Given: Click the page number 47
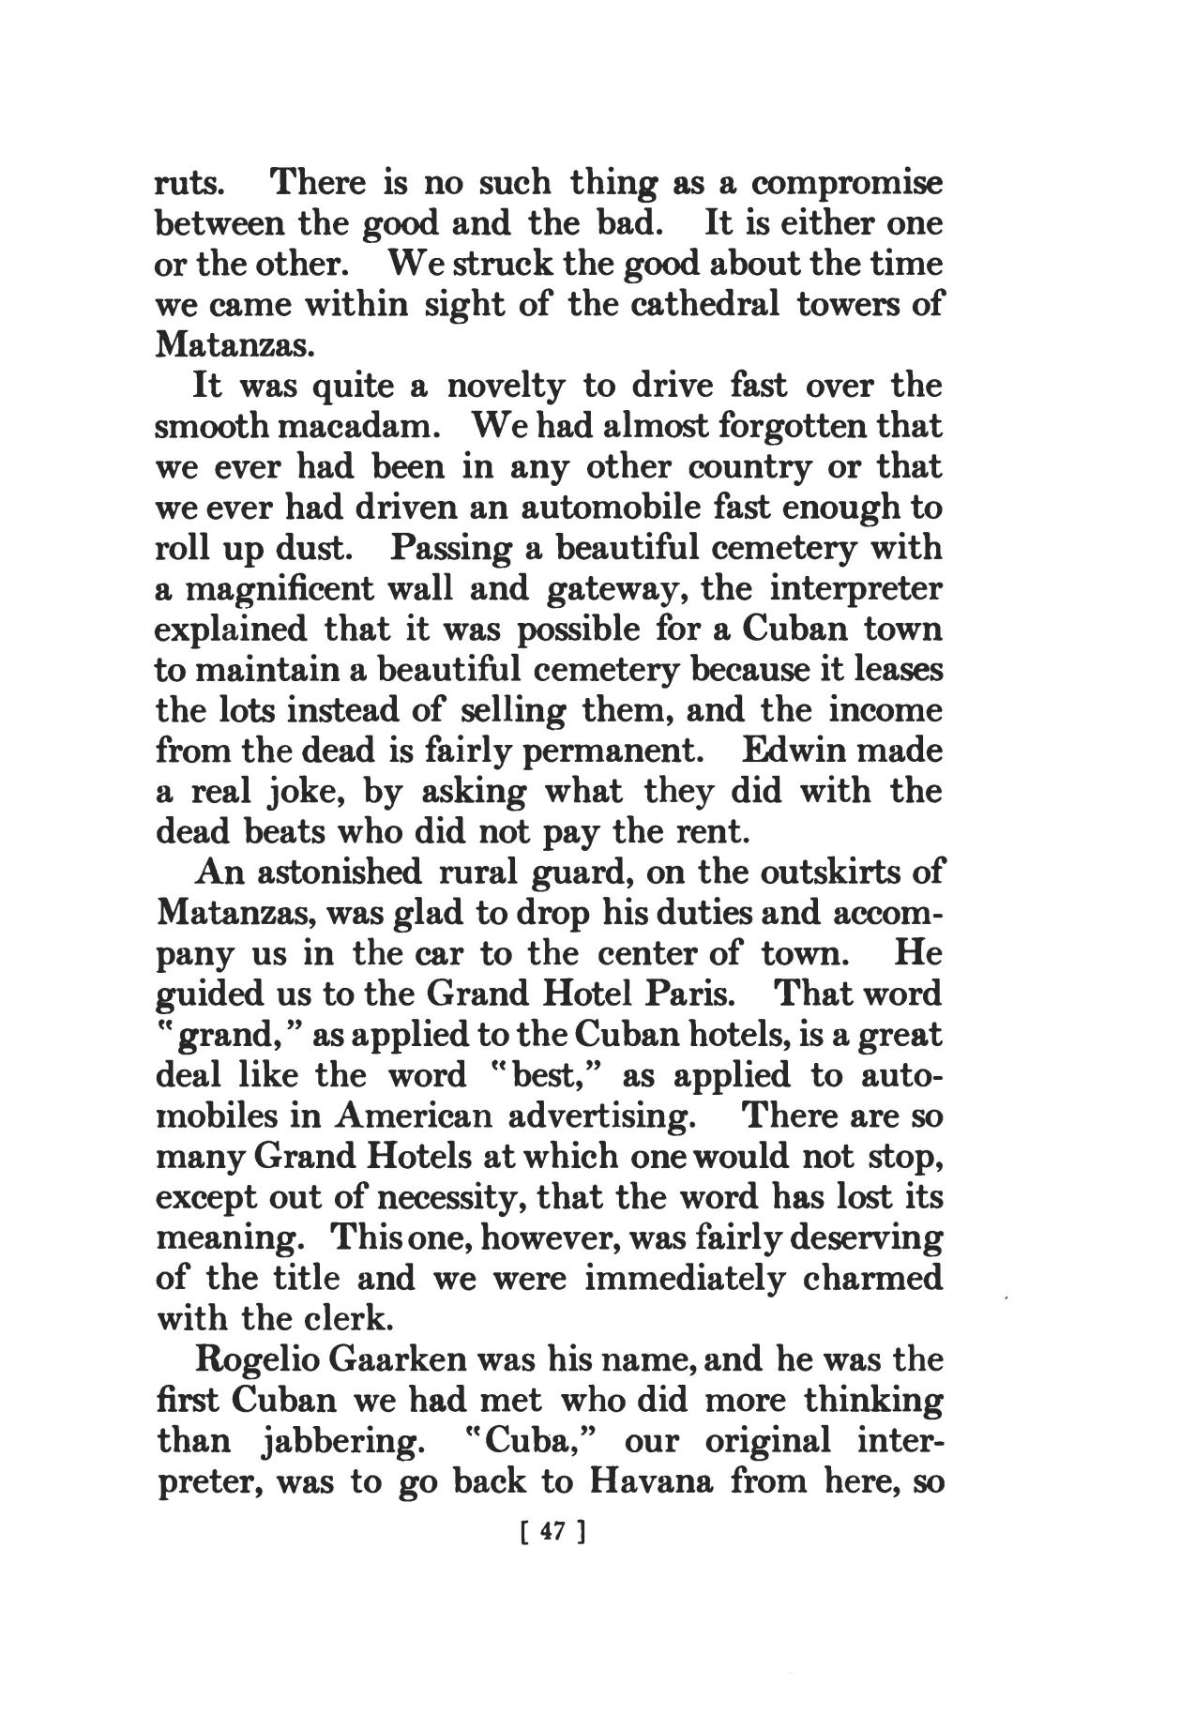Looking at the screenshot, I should tap(552, 1532).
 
